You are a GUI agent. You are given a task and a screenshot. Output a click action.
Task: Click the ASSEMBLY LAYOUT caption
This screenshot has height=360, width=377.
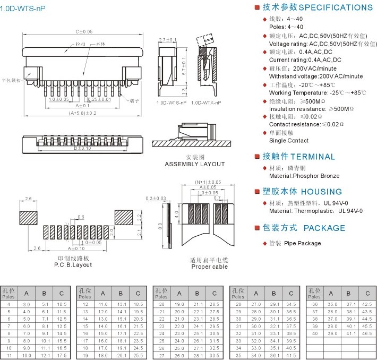point(195,164)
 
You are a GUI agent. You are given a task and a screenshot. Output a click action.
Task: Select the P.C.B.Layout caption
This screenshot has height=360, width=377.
point(73,264)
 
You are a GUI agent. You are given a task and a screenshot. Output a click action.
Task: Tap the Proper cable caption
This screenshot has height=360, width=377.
point(209,267)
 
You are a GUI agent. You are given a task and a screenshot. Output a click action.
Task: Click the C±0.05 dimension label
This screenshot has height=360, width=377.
point(83,32)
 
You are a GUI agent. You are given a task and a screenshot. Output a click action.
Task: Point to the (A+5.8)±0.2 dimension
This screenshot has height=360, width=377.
point(82,113)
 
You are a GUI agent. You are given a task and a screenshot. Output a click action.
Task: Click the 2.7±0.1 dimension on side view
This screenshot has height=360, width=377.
point(167,40)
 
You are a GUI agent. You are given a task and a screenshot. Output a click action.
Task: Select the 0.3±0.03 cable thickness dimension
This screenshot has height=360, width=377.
point(156,198)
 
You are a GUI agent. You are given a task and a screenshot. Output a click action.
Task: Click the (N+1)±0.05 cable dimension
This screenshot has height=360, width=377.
point(208,182)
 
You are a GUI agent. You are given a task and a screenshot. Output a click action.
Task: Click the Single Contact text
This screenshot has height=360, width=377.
point(288,141)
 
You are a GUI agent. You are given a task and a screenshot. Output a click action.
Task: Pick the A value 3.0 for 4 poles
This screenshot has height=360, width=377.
point(27,304)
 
